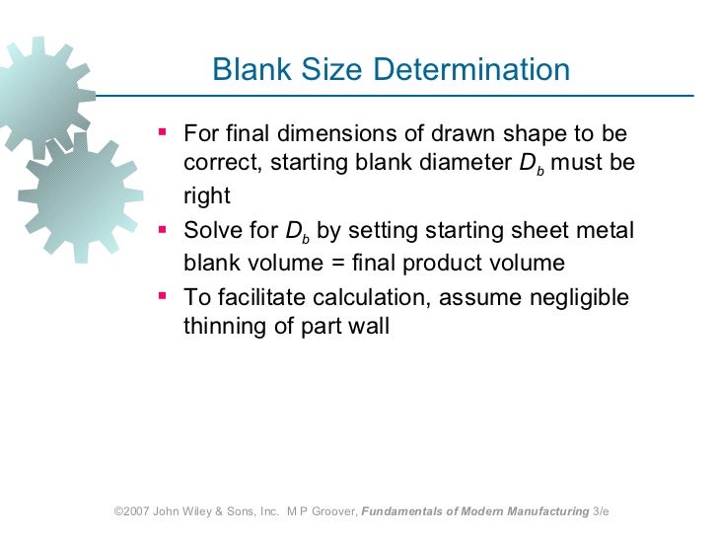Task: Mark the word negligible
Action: click(x=582, y=297)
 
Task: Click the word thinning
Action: click(x=222, y=327)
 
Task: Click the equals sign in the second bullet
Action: click(x=334, y=264)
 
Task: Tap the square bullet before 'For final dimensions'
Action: click(x=163, y=131)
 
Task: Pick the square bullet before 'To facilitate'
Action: click(x=163, y=294)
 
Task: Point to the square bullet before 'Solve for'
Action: click(x=163, y=229)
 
